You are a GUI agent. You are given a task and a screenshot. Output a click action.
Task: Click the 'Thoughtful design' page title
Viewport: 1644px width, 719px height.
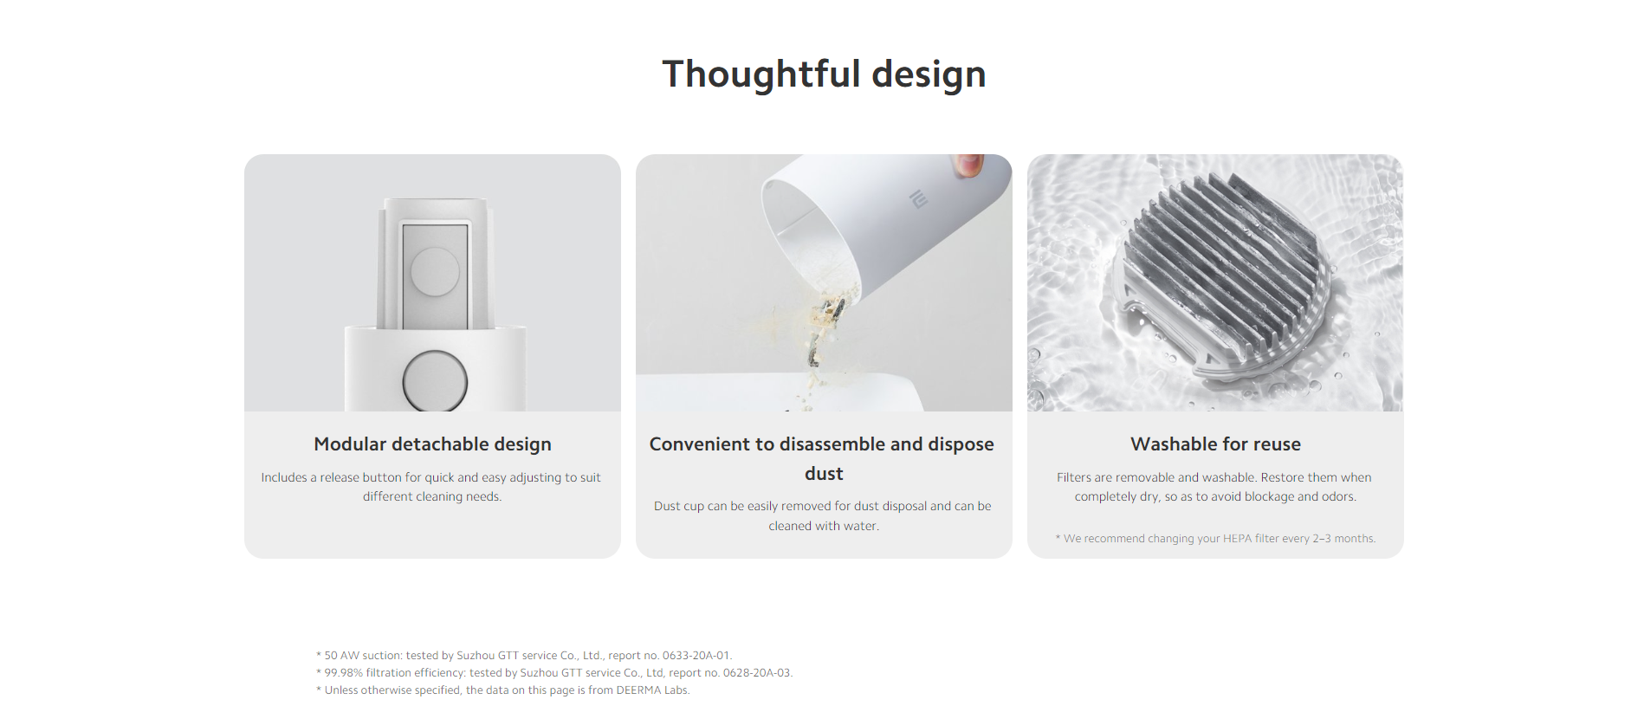[x=824, y=74]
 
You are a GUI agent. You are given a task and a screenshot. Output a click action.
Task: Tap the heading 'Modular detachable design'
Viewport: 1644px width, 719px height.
[x=432, y=444]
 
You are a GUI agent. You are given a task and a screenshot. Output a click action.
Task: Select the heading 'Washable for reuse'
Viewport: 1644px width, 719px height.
[x=1215, y=444]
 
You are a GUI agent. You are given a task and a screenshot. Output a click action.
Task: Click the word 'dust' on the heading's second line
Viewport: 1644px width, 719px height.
[x=824, y=474]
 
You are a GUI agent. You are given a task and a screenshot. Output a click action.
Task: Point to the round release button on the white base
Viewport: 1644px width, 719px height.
[x=435, y=381]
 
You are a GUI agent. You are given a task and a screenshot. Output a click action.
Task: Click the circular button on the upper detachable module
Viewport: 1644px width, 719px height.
[x=435, y=271]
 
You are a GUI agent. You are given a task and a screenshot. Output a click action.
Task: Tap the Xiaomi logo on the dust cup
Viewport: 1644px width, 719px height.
[x=918, y=199]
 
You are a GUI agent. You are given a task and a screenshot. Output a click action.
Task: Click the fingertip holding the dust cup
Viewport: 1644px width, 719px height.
[x=968, y=165]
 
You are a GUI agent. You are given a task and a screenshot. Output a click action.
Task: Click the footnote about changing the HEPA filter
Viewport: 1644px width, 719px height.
[x=1215, y=539]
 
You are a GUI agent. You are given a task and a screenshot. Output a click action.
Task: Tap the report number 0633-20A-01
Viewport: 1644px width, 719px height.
[x=696, y=656]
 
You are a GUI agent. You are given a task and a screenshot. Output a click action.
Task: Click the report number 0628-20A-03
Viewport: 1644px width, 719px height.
[x=757, y=673]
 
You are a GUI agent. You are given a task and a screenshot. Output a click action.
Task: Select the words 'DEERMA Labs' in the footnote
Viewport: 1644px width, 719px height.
[x=652, y=690]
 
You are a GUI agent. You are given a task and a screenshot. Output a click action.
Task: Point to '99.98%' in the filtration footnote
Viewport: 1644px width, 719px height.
[x=344, y=673]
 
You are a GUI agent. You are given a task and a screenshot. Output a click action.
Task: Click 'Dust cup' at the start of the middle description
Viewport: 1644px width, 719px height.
[x=679, y=506]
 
